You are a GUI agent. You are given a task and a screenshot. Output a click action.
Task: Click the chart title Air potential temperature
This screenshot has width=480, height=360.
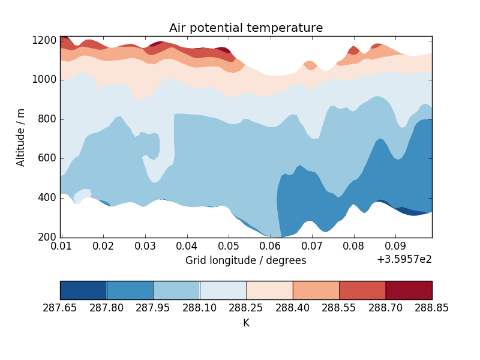(246, 28)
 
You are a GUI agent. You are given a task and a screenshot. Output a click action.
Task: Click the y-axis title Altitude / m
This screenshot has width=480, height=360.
(21, 137)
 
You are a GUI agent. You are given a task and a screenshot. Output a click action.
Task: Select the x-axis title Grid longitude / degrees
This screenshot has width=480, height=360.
(245, 260)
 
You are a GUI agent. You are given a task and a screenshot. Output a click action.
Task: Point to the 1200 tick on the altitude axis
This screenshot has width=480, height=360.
(46, 41)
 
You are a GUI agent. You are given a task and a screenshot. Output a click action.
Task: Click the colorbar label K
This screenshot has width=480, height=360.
(246, 323)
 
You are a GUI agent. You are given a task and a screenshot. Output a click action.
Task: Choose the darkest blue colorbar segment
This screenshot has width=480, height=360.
(83, 290)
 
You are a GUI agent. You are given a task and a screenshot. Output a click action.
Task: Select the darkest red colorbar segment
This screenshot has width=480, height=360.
(409, 290)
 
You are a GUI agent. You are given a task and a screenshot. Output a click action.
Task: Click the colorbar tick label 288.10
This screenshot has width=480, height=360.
(200, 308)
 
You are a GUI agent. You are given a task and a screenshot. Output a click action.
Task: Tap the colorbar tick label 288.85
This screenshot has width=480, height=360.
(432, 308)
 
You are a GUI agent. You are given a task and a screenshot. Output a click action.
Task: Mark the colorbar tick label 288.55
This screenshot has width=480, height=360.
(339, 308)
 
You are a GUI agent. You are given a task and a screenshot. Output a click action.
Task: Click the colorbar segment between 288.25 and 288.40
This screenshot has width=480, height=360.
(269, 290)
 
